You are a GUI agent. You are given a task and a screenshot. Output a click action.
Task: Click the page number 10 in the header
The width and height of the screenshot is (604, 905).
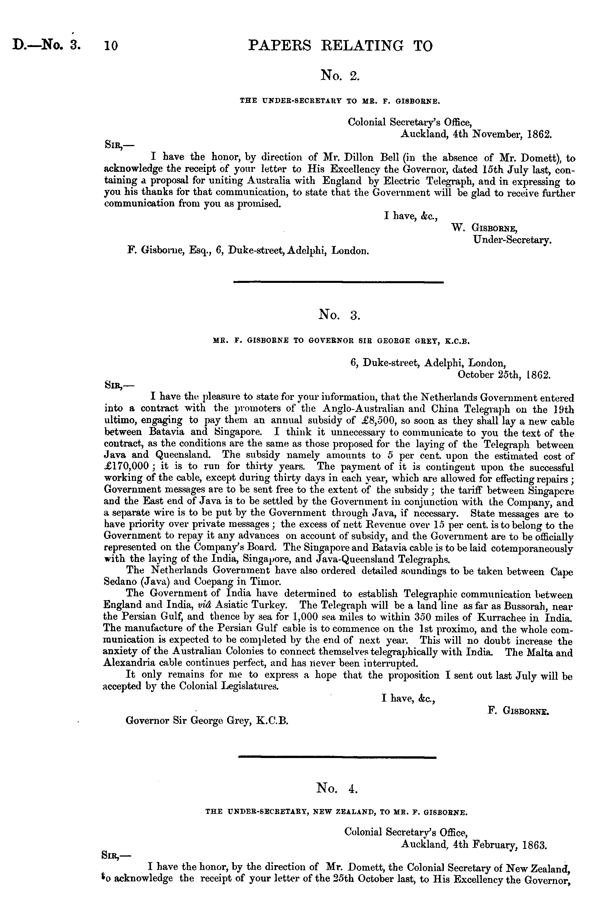pos(111,46)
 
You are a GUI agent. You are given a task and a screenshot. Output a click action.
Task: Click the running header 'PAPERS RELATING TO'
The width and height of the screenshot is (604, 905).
pos(340,46)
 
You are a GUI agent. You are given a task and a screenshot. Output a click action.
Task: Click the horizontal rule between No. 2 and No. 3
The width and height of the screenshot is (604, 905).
pos(338,282)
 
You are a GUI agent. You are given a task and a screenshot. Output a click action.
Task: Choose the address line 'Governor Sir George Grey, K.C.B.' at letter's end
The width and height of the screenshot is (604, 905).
pos(207,720)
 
